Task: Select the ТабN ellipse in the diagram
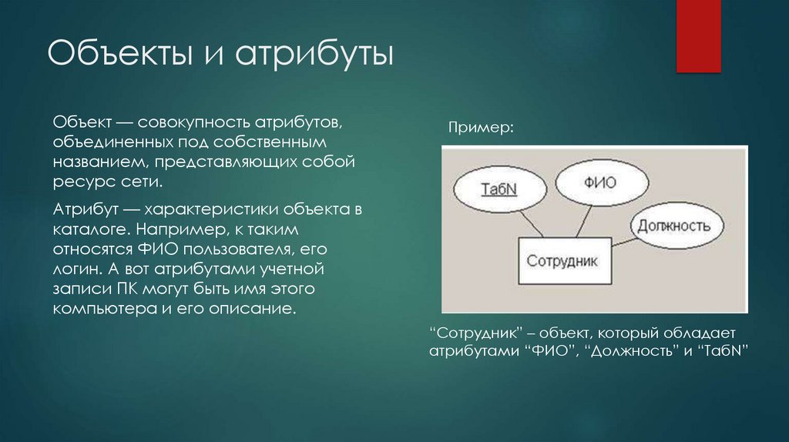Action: click(498, 188)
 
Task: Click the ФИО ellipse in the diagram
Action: click(596, 186)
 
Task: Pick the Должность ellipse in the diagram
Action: click(678, 226)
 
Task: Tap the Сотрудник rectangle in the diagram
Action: click(562, 261)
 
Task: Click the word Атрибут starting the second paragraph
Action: click(83, 209)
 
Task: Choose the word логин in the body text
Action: click(76, 270)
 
